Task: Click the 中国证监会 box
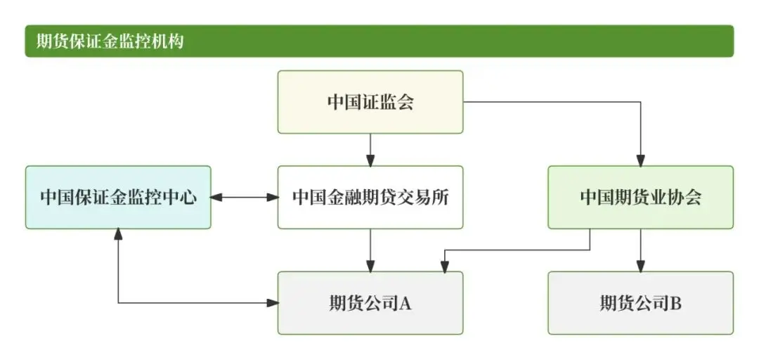(370, 102)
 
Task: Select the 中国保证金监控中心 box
(118, 198)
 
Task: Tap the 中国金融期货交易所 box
(370, 198)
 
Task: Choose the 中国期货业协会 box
(640, 198)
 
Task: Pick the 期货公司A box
(370, 303)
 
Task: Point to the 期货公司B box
(640, 303)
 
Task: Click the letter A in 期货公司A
(406, 304)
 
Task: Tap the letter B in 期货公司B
(676, 304)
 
